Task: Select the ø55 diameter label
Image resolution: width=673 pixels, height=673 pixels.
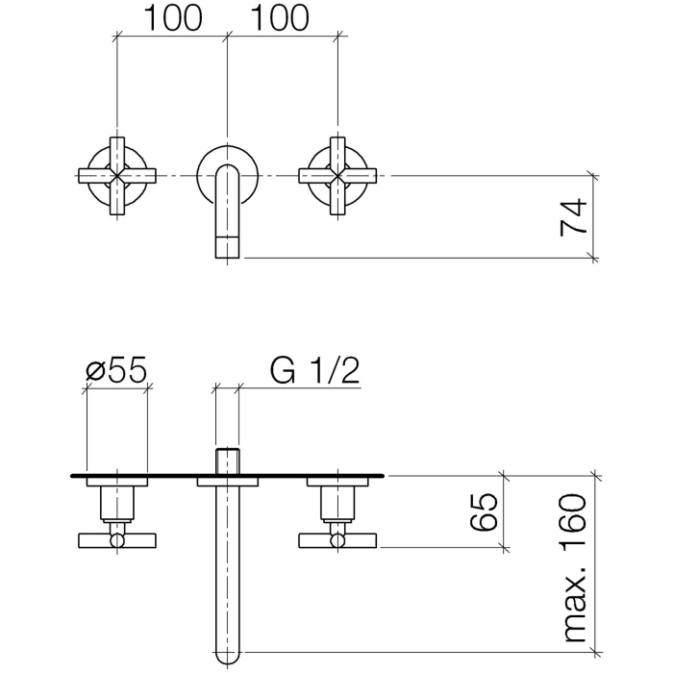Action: pyautogui.click(x=117, y=372)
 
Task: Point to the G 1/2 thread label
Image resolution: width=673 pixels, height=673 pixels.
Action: pyautogui.click(x=314, y=372)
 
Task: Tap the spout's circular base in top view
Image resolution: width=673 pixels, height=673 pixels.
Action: pyautogui.click(x=227, y=163)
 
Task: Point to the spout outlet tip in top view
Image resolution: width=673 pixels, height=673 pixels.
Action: pyautogui.click(x=227, y=246)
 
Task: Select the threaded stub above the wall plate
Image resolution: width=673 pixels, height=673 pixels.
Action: pyautogui.click(x=227, y=461)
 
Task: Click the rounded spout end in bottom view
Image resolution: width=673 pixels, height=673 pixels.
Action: pyautogui.click(x=227, y=654)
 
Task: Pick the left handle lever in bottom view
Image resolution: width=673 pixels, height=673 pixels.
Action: pyautogui.click(x=117, y=541)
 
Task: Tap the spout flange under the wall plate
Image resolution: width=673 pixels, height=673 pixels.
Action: pyautogui.click(x=227, y=483)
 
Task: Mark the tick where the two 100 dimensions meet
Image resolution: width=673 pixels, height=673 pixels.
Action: pyautogui.click(x=227, y=37)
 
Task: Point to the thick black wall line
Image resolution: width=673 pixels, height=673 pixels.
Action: pyautogui.click(x=433, y=475)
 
